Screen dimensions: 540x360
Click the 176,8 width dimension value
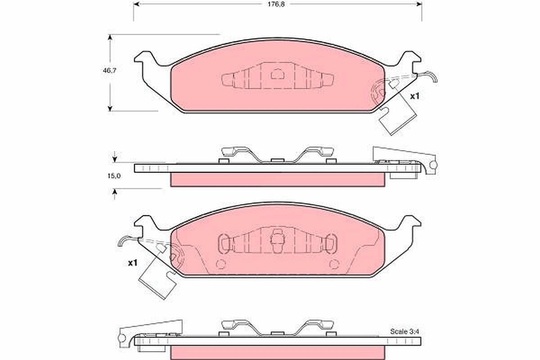pos(276,4)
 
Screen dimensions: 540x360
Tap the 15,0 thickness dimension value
pos(114,176)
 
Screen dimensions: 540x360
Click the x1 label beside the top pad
pos(415,96)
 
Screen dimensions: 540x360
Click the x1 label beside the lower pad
pos(133,263)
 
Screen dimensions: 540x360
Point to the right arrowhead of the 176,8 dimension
pos(419,4)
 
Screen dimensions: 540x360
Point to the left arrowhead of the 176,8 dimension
pos(136,4)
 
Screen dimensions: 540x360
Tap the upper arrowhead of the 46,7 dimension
pos(110,37)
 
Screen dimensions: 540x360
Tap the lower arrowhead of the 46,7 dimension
pos(110,108)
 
